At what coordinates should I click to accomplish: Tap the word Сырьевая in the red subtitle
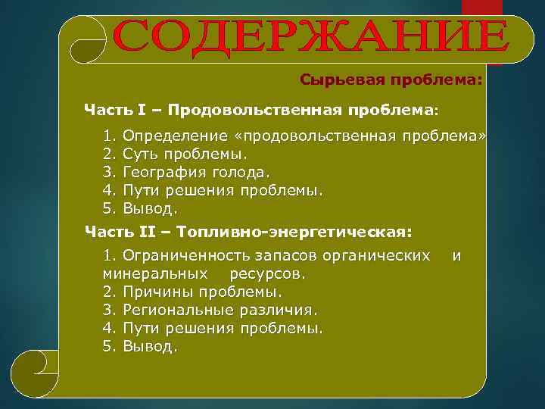pyautogui.click(x=330, y=80)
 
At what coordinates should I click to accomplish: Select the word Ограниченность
pyautogui.click(x=185, y=255)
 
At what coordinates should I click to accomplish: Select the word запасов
pyautogui.click(x=279, y=255)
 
